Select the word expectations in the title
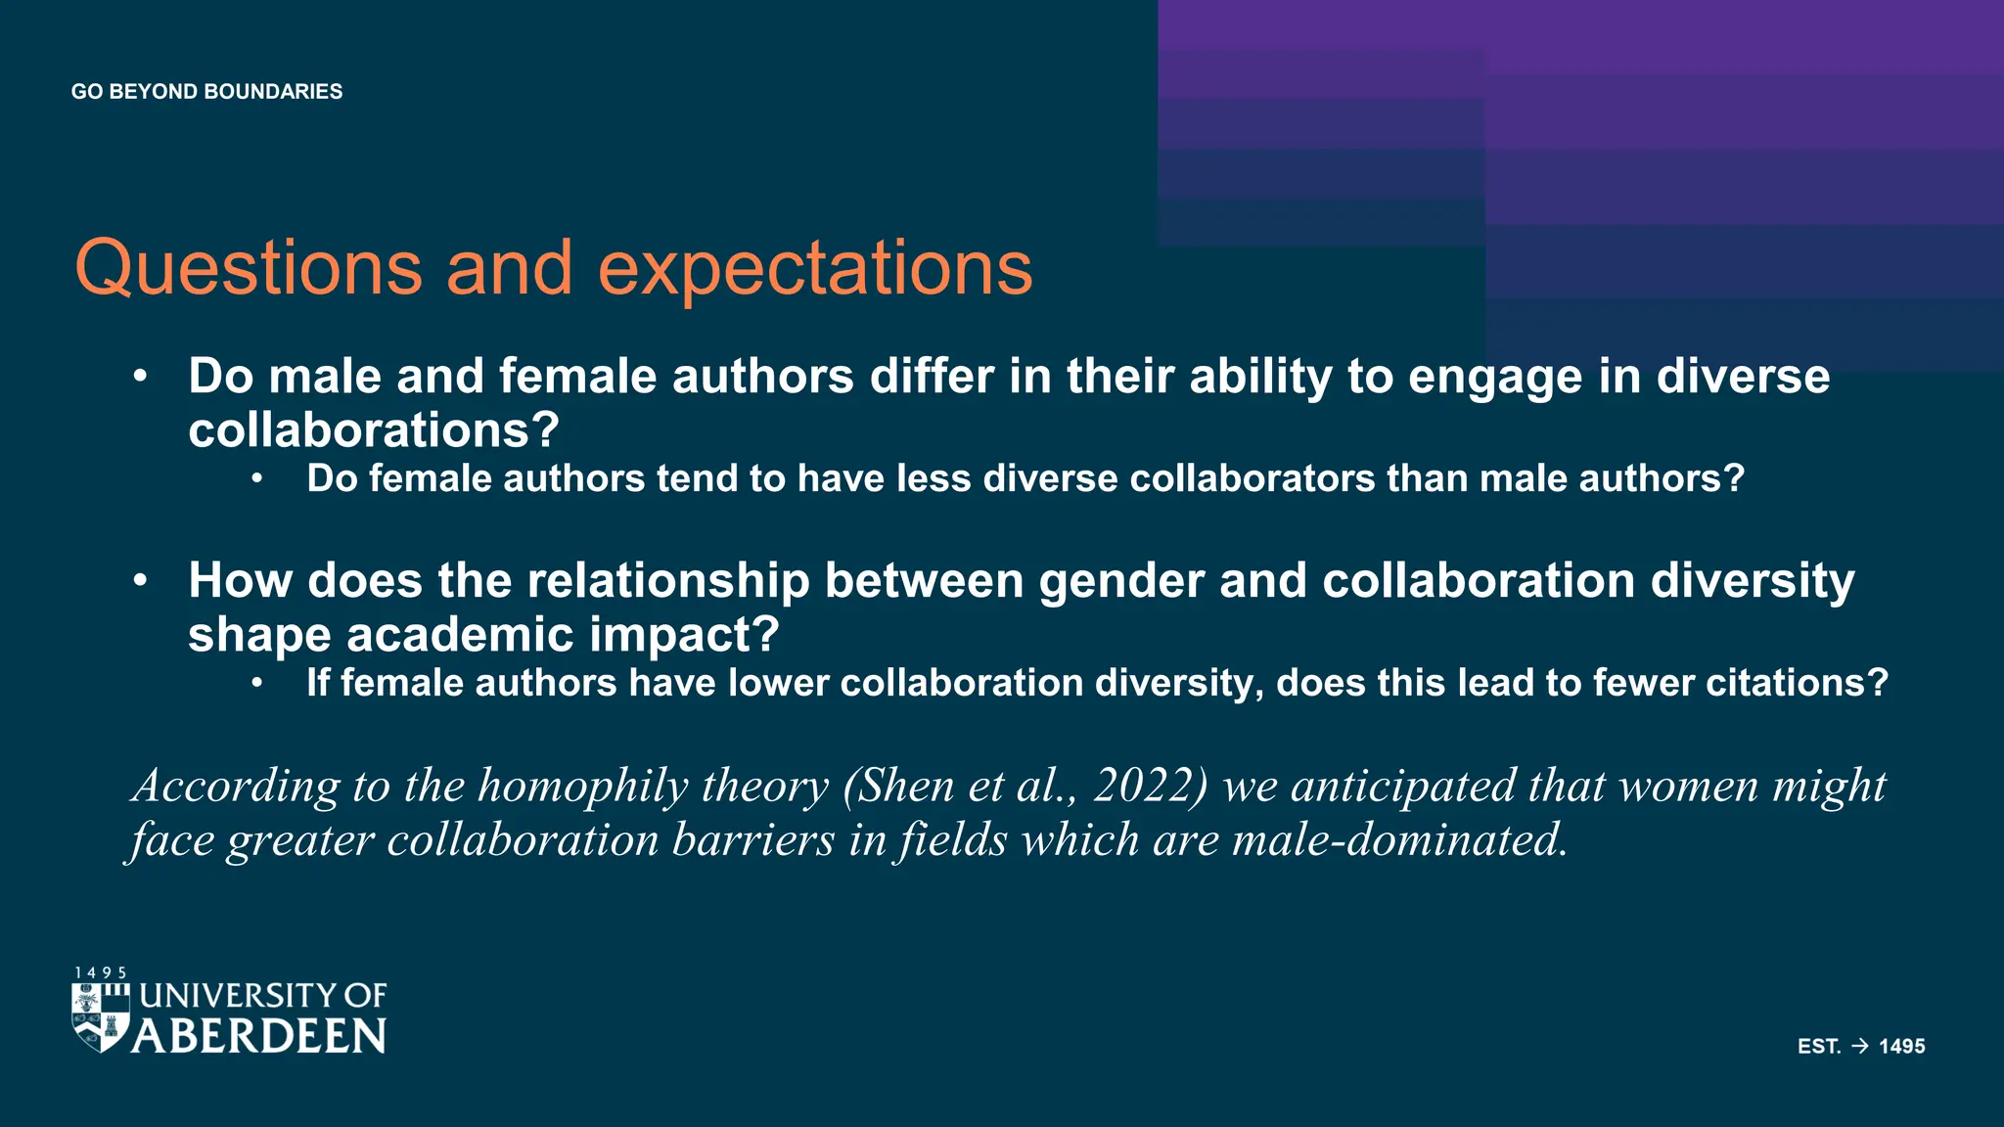815,268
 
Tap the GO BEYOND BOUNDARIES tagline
206,92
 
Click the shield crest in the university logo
101,1017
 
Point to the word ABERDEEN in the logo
259,1037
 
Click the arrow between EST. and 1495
1860,1046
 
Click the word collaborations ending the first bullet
373,429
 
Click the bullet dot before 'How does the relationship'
141,580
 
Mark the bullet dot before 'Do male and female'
141,377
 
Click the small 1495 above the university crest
101,972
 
